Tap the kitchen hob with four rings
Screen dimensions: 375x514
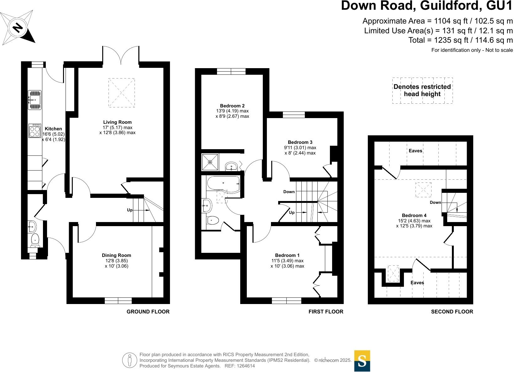point(35,131)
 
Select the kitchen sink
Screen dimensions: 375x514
point(35,100)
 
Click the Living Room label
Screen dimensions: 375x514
point(117,122)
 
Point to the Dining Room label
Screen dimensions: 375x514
point(116,255)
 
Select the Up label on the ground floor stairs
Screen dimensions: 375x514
point(130,210)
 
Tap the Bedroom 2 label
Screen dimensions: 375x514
point(232,106)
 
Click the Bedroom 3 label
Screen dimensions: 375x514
point(300,142)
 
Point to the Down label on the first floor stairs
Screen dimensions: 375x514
point(289,192)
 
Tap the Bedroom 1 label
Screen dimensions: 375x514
point(287,255)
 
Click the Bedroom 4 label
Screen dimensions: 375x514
point(414,215)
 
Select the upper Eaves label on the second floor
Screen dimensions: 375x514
point(415,151)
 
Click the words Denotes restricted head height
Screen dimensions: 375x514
point(422,90)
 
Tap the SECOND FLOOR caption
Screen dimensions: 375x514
point(452,312)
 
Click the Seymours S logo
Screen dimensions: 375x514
point(362,361)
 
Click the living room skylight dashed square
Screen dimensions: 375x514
point(121,93)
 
